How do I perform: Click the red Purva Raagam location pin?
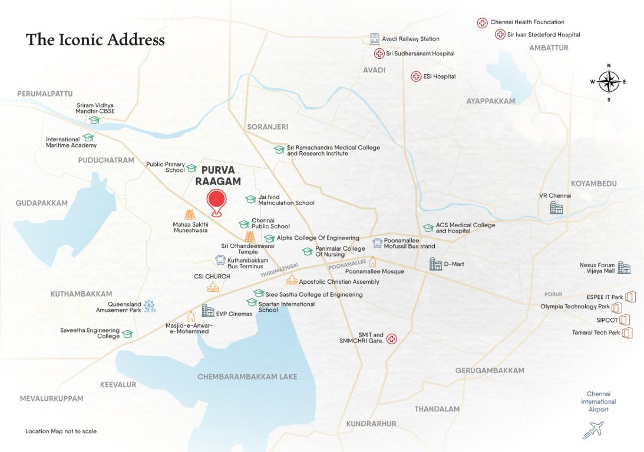click(x=217, y=202)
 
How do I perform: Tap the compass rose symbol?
click(x=609, y=82)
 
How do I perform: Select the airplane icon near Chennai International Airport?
click(x=593, y=430)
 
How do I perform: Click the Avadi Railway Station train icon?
click(x=374, y=39)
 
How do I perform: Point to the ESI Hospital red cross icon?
click(x=416, y=77)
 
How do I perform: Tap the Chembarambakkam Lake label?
click(x=247, y=377)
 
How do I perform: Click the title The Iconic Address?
click(x=95, y=40)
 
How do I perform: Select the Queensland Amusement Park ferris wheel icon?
click(x=150, y=306)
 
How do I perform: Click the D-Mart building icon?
click(x=435, y=264)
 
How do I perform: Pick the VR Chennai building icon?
click(x=556, y=207)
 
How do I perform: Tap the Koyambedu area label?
click(x=593, y=184)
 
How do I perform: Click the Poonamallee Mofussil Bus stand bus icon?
click(x=377, y=243)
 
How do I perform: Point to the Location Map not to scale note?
click(x=61, y=431)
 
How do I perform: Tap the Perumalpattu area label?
click(x=45, y=94)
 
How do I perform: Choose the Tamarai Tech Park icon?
click(x=628, y=333)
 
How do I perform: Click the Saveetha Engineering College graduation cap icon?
click(x=127, y=334)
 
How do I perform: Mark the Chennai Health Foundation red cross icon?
click(x=482, y=23)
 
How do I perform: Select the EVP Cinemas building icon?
click(x=207, y=311)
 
